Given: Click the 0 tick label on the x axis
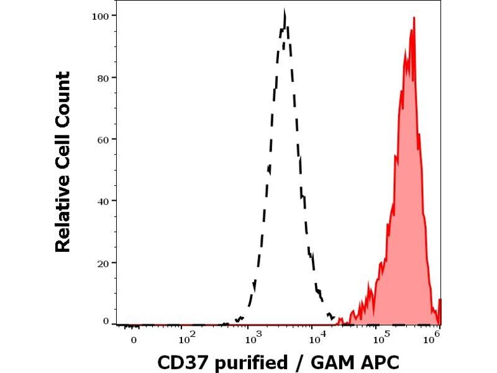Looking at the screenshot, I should click(x=133, y=340).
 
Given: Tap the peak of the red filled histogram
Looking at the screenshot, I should click(x=413, y=18).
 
